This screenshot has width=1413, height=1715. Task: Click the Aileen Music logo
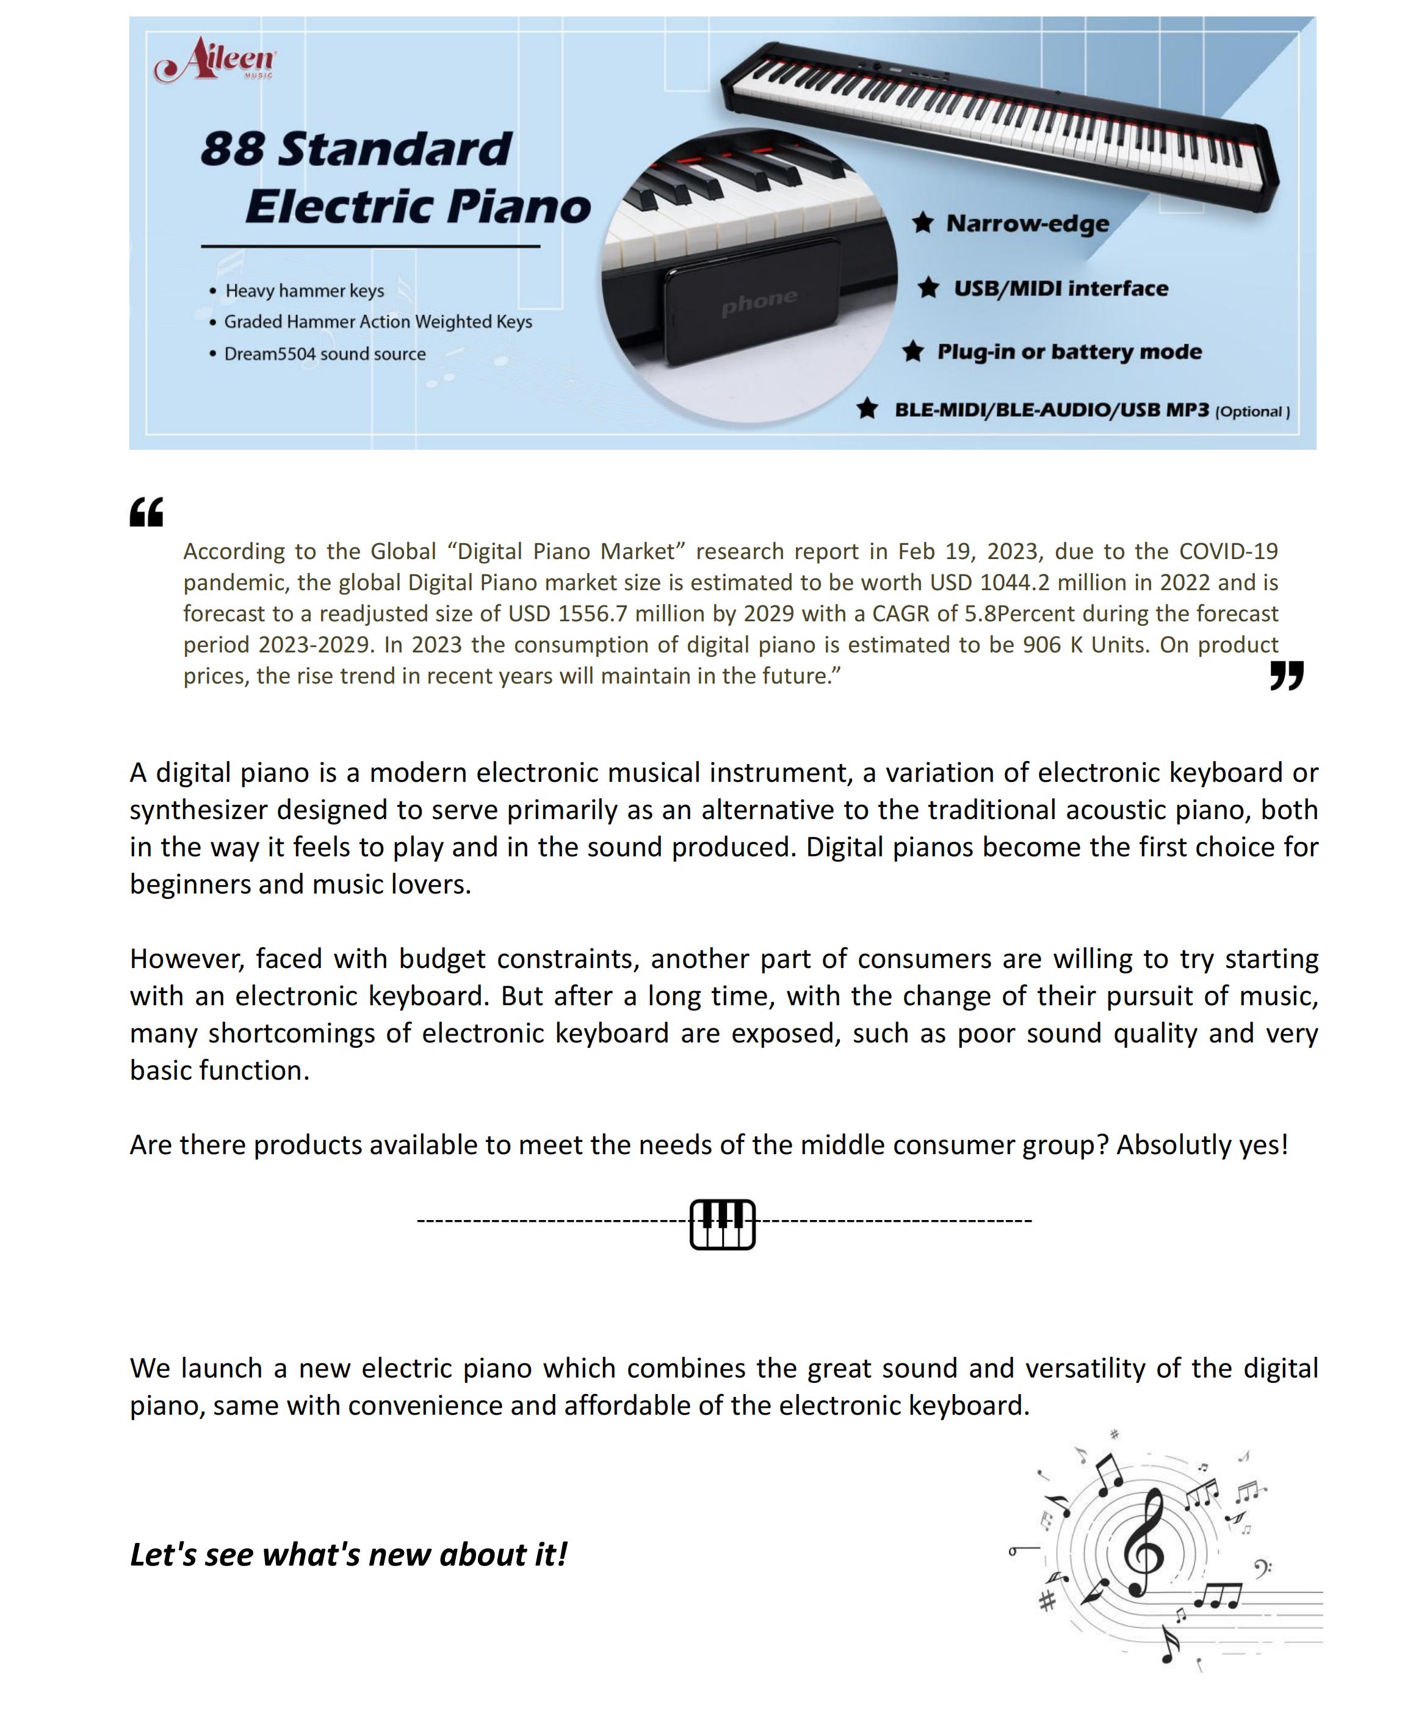point(215,59)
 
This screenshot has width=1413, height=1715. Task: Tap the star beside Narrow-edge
point(922,222)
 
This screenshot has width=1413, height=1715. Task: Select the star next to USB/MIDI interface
point(928,287)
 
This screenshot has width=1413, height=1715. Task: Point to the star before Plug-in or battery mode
point(913,351)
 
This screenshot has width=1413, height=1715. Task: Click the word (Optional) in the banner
point(1252,412)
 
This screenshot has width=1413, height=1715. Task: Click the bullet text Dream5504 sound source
point(325,354)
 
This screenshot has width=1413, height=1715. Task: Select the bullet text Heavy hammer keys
point(305,291)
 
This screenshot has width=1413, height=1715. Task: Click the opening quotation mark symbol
point(147,512)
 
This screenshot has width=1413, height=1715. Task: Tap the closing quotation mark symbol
point(1286,675)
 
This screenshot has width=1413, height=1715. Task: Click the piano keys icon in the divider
point(722,1223)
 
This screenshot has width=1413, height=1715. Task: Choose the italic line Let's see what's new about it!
point(349,1554)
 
